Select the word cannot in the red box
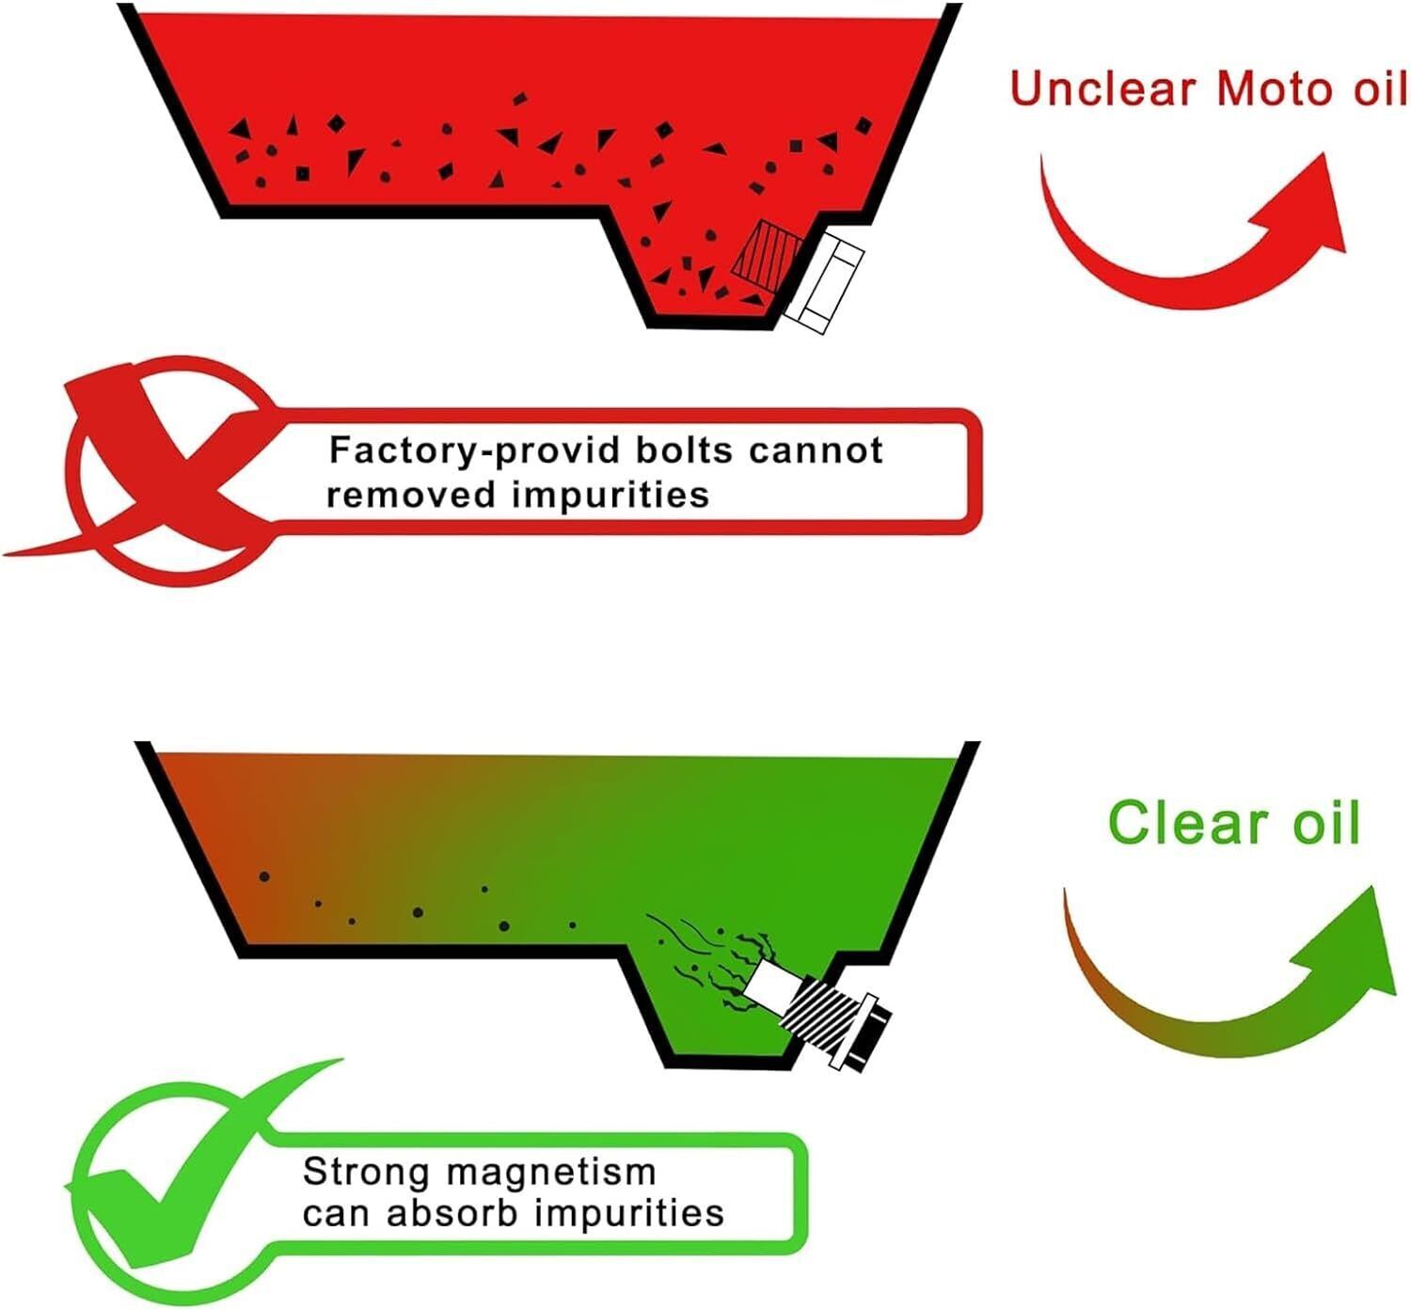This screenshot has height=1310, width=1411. (816, 450)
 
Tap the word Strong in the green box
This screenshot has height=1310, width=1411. (365, 1173)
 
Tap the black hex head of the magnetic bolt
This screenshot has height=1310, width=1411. (871, 1032)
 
